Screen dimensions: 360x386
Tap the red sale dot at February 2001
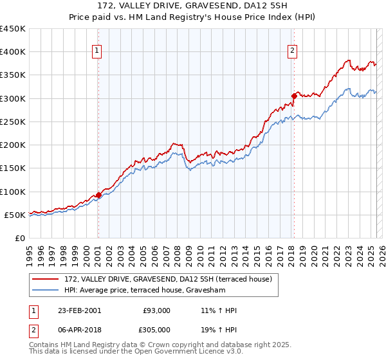[x=98, y=195]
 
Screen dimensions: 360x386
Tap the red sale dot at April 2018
[x=294, y=96]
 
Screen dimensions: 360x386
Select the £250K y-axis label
[x=13, y=122]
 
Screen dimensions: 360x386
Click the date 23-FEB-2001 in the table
[x=79, y=310]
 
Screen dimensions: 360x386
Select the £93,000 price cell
[x=157, y=310]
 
